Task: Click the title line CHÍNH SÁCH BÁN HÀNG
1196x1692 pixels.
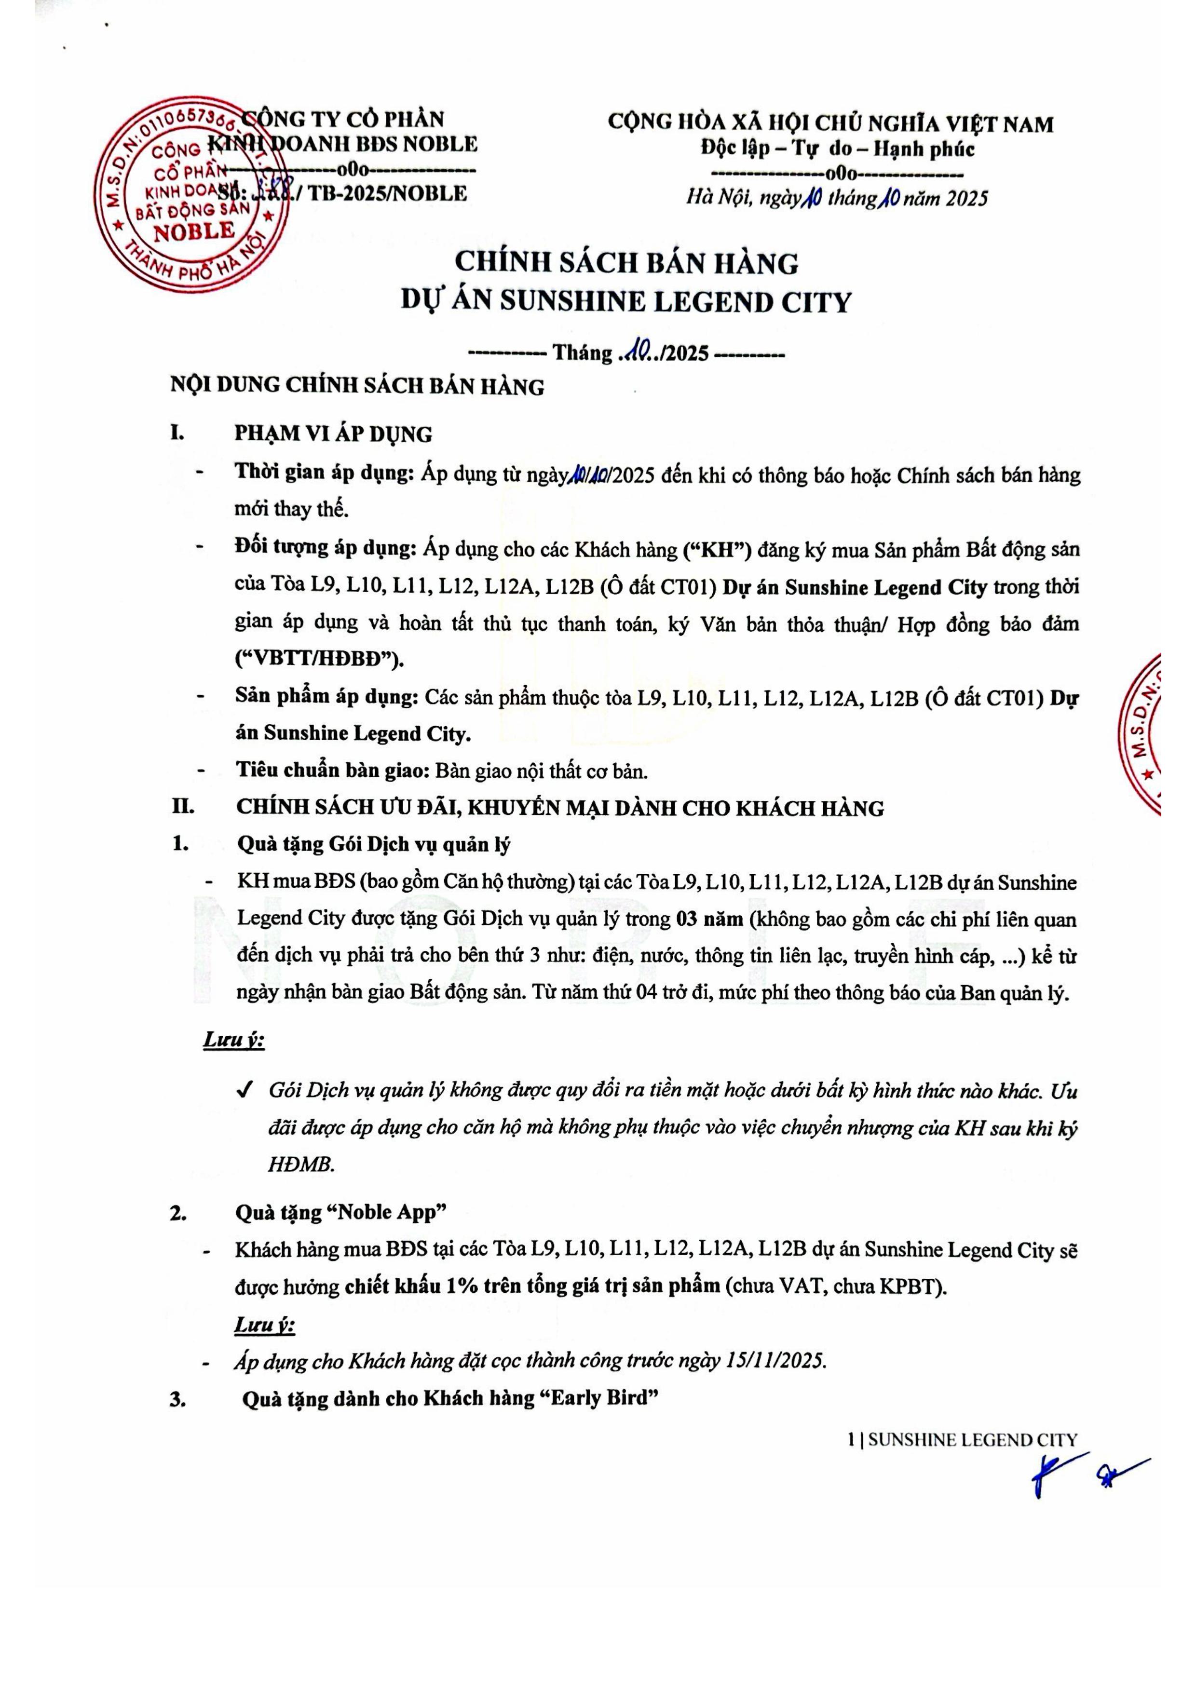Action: tap(626, 263)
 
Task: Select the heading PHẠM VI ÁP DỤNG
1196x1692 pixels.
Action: tap(333, 434)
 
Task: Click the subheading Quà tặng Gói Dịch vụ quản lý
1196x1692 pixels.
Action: tap(374, 844)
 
